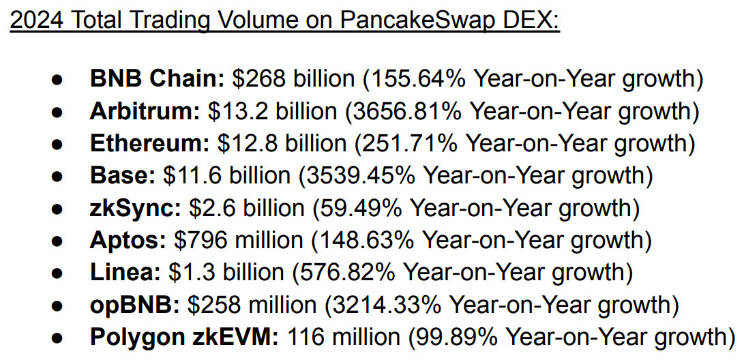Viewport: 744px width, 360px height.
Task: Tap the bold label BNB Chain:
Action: coord(158,79)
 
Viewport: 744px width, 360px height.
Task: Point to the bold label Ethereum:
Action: coord(150,143)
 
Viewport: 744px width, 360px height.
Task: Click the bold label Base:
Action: coord(123,175)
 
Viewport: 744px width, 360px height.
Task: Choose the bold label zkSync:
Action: coord(136,208)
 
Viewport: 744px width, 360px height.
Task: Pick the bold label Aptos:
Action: coord(128,240)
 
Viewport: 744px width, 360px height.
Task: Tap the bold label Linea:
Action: coord(125,272)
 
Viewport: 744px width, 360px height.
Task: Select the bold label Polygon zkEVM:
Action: coord(185,336)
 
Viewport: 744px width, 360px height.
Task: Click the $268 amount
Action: coord(260,79)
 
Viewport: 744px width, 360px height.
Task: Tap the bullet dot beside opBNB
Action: coord(58,305)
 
